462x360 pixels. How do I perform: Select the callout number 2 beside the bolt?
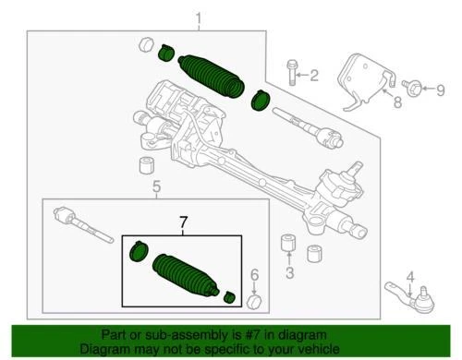pos(313,75)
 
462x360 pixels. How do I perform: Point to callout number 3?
pos(289,273)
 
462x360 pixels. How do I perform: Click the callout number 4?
pos(410,273)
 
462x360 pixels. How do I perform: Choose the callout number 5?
pos(155,188)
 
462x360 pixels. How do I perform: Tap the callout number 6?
pos(253,275)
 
